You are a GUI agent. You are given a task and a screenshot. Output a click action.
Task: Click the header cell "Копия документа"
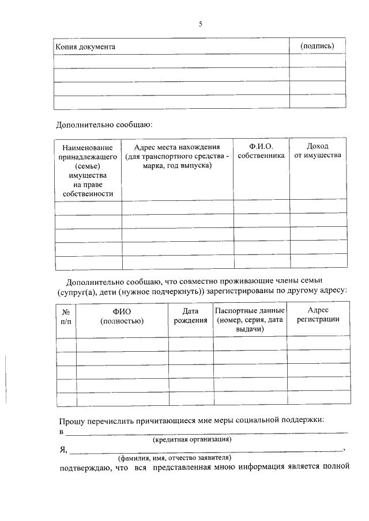tap(85, 47)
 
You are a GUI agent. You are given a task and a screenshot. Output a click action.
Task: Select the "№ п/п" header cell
tap(66, 316)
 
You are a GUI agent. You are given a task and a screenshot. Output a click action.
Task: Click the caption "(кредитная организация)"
tap(192, 439)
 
